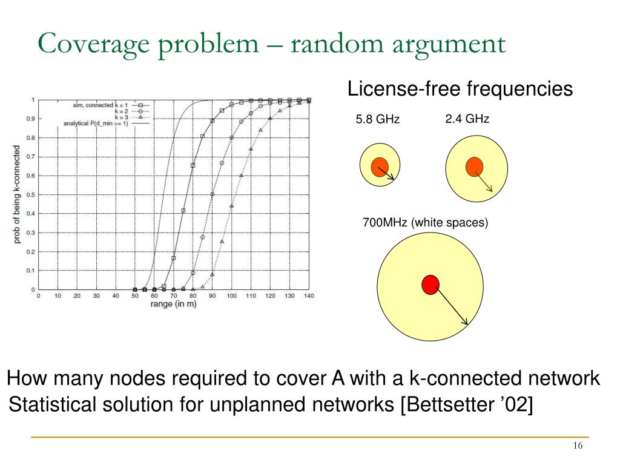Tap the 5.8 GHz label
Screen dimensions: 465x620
378,119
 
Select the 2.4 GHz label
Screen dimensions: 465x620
467,119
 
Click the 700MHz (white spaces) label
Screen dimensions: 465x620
425,223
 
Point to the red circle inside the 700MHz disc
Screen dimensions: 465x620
430,284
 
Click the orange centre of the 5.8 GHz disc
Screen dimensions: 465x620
380,167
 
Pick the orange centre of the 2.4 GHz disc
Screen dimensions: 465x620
474,167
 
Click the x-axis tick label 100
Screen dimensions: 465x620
231,296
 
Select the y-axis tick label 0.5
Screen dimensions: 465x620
30,194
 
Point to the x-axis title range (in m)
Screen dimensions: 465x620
173,304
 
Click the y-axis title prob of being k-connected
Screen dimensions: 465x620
18,194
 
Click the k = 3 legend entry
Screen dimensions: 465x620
113,117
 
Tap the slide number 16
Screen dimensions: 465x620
577,446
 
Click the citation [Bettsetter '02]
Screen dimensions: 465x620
466,404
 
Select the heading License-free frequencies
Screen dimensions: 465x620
460,89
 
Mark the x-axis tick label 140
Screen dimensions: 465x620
309,296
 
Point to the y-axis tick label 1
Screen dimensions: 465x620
33,99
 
